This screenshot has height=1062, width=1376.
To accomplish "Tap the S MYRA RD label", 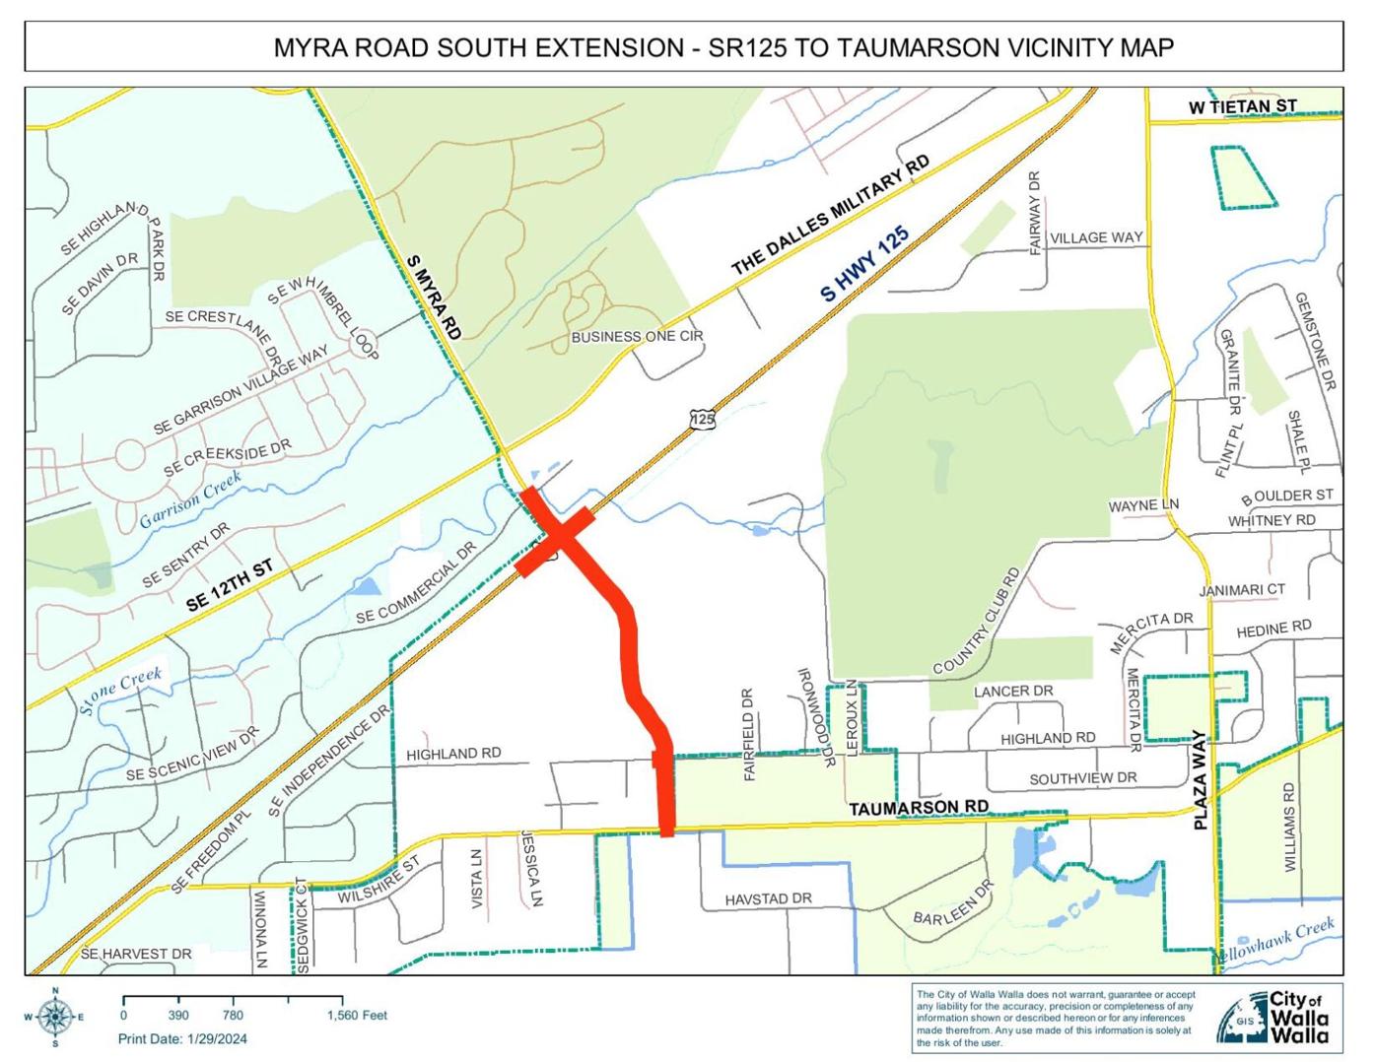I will [x=434, y=298].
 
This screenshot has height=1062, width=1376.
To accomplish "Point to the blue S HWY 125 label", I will [x=864, y=263].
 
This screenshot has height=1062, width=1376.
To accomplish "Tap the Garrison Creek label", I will [x=190, y=501].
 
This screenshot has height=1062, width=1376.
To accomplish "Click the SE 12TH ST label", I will [x=231, y=586].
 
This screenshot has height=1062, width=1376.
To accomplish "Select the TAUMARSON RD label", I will [x=919, y=807].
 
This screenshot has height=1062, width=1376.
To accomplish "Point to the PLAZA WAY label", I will [x=1200, y=779].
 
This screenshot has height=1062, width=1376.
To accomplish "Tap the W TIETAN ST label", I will [x=1242, y=105].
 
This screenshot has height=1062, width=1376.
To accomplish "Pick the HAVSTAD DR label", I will [x=768, y=899].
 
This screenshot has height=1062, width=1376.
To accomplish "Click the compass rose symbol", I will [x=56, y=1015].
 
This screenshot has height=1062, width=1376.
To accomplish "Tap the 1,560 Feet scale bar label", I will [x=357, y=1016].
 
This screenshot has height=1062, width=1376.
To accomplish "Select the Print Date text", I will [x=182, y=1038].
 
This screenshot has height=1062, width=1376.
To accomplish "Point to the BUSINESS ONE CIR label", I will [x=638, y=337].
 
